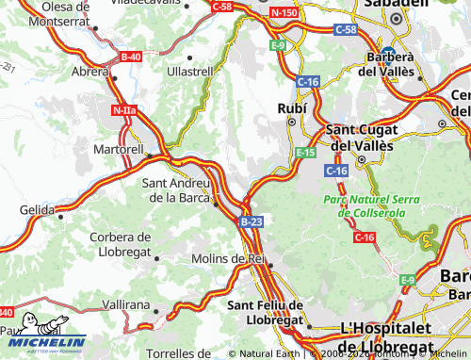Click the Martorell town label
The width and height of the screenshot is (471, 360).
coord(118,149)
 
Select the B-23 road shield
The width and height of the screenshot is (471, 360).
coord(251,221)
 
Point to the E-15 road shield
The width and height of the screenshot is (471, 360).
coord(304,153)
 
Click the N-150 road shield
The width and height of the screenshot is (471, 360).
coord(284,12)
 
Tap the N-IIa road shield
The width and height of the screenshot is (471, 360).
coord(123,111)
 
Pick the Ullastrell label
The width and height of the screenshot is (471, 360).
coord(190,71)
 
